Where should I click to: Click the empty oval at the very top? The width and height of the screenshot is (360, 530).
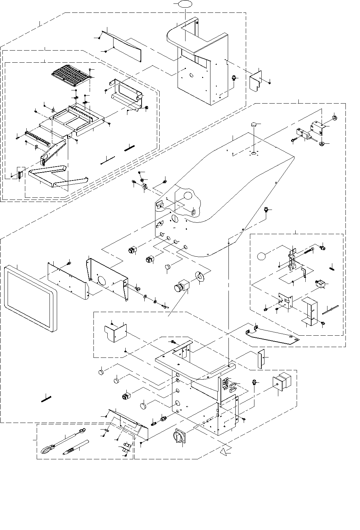coord(184,5)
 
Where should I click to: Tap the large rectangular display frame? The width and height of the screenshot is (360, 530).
coord(30,298)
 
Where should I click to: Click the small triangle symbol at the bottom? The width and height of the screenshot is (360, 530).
coord(226,451)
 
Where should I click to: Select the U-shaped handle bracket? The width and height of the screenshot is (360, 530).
coord(55,175)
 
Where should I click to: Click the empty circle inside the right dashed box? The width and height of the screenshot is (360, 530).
coord(262,257)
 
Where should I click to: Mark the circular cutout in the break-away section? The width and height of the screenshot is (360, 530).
coord(187,196)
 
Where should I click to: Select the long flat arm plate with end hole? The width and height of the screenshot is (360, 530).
coord(273,334)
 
